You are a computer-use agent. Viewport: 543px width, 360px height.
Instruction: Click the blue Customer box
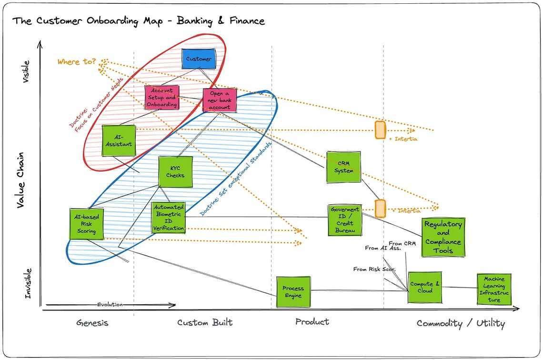click(x=199, y=59)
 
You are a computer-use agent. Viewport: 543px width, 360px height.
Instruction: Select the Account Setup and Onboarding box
click(x=162, y=98)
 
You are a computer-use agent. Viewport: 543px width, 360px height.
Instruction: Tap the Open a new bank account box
click(x=220, y=100)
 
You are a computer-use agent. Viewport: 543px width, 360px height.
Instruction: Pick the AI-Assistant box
click(x=119, y=140)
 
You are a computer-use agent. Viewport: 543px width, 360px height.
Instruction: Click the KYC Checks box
click(x=175, y=172)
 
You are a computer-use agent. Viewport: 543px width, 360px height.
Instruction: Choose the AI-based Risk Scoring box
click(x=86, y=224)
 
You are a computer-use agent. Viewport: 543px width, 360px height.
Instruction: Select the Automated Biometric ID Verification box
click(x=168, y=218)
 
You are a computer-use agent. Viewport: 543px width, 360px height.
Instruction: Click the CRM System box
click(x=343, y=167)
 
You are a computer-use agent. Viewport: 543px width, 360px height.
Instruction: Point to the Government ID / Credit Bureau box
click(x=345, y=220)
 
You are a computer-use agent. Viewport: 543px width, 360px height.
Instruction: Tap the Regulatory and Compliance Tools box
click(x=443, y=238)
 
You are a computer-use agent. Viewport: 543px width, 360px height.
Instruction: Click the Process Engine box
click(x=293, y=292)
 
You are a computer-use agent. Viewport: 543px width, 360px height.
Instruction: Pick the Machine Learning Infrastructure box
click(x=494, y=290)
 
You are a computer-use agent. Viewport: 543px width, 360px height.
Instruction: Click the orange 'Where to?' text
click(x=76, y=62)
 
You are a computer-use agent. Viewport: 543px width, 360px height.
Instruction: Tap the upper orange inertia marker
click(x=380, y=130)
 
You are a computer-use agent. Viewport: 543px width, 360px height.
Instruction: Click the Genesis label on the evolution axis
click(x=92, y=323)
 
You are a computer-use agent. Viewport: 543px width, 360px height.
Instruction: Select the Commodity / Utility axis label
click(x=461, y=324)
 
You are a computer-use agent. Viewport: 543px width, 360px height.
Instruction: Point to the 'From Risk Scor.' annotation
click(x=374, y=270)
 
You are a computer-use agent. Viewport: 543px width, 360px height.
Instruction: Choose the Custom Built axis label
click(x=205, y=323)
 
